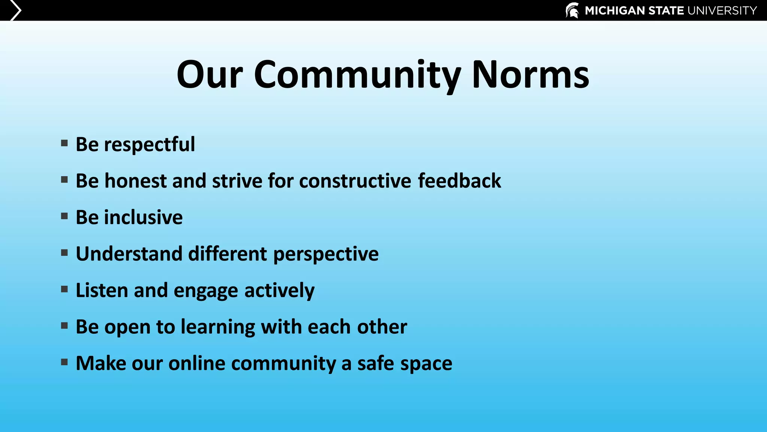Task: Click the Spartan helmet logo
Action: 572,10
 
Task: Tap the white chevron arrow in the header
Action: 15,10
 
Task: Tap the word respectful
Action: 149,145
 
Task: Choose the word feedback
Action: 459,181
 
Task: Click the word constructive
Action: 355,181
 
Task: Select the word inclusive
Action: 143,217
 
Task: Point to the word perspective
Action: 326,254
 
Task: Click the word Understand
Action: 129,254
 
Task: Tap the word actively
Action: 279,291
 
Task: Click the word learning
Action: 218,327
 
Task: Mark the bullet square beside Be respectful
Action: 64,143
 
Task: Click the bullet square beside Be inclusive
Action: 64,216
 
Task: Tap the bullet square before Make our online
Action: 64,362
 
